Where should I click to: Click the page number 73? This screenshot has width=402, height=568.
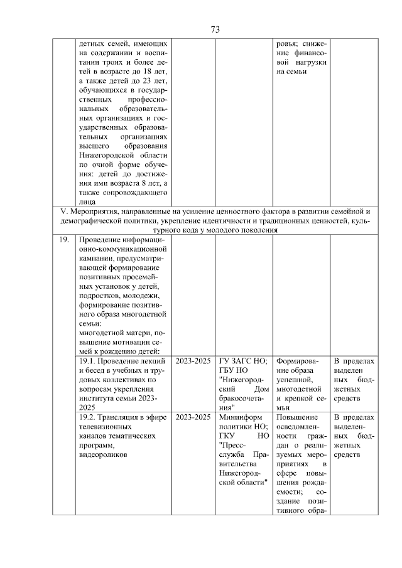214,29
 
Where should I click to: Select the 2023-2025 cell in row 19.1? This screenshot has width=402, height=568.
193,362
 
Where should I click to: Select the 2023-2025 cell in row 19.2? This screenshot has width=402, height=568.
193,417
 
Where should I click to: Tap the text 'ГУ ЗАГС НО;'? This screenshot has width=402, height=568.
243,362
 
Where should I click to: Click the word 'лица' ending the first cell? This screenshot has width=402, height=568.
88,202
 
